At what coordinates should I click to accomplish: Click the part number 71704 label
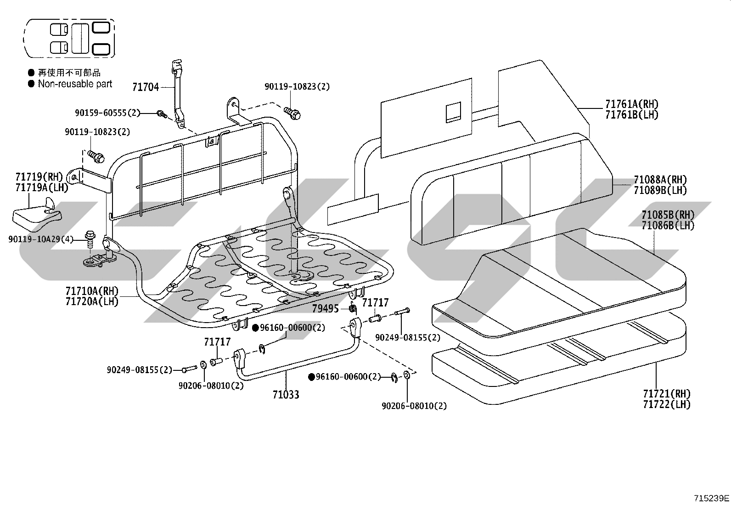pyautogui.click(x=146, y=87)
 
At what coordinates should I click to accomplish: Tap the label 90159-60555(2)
pyautogui.click(x=107, y=113)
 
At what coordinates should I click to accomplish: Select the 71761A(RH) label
pyautogui.click(x=632, y=104)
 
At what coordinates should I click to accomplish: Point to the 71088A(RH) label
pyautogui.click(x=660, y=180)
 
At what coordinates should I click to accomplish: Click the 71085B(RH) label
pyautogui.click(x=668, y=215)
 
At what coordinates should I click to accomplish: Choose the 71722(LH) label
pyautogui.click(x=667, y=404)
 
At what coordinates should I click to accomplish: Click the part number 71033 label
pyautogui.click(x=286, y=395)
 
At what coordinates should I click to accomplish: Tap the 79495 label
pyautogui.click(x=326, y=308)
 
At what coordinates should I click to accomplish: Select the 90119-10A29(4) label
pyautogui.click(x=41, y=239)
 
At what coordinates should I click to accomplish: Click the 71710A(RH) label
pyautogui.click(x=92, y=291)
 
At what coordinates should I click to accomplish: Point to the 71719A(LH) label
pyautogui.click(x=42, y=187)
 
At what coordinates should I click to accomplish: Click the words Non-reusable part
pyautogui.click(x=75, y=84)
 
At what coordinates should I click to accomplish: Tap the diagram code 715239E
pyautogui.click(x=711, y=498)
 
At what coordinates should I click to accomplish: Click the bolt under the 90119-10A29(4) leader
pyautogui.click(x=90, y=240)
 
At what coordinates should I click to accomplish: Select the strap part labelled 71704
pyautogui.click(x=178, y=94)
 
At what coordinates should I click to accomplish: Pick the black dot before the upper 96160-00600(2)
pyautogui.click(x=255, y=328)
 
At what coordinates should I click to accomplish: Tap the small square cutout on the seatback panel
pyautogui.click(x=454, y=112)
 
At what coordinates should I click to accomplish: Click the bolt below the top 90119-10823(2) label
pyautogui.click(x=292, y=113)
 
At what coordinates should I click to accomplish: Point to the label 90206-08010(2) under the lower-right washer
pyautogui.click(x=414, y=406)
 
